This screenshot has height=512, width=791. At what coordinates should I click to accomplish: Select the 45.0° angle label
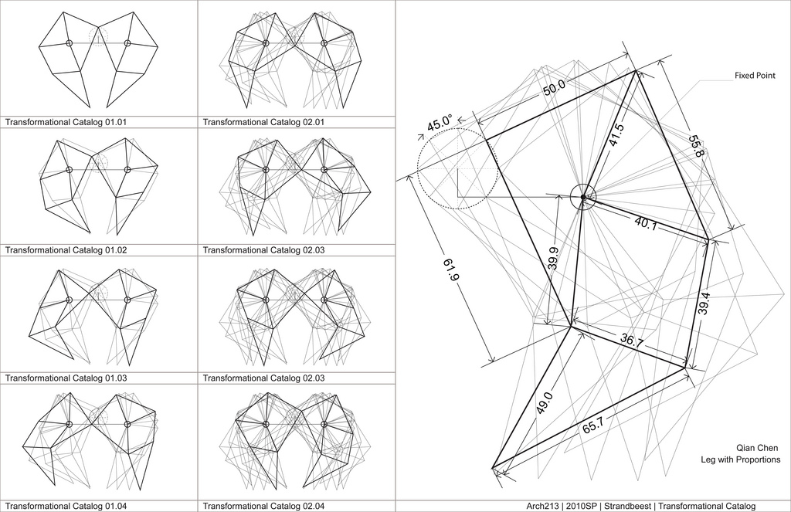click(x=439, y=124)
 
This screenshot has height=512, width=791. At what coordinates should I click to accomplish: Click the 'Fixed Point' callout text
click(x=755, y=76)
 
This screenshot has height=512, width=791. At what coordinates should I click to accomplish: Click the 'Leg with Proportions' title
click(x=740, y=460)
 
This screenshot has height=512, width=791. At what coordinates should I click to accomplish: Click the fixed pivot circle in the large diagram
click(x=583, y=197)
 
